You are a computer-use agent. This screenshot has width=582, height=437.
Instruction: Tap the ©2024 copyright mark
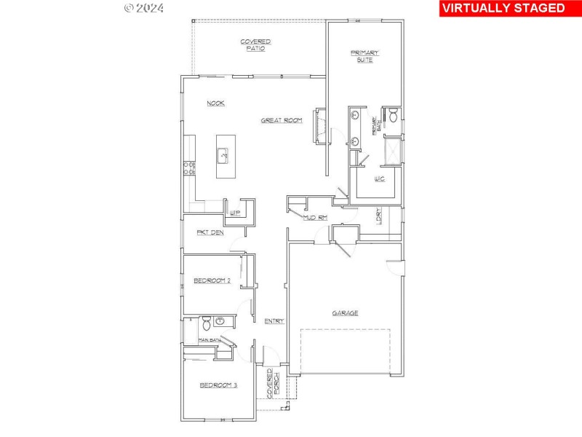(144, 8)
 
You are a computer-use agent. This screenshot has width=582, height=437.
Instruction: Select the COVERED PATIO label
(256, 45)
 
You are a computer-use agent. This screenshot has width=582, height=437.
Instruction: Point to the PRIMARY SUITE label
(364, 56)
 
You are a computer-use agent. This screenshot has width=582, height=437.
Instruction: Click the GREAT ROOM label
(282, 120)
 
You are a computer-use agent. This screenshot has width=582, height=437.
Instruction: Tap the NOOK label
(215, 103)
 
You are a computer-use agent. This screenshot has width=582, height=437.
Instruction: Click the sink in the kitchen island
(223, 154)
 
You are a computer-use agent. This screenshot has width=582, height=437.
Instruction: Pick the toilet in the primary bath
(392, 115)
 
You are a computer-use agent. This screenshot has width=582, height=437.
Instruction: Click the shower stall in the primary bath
(392, 151)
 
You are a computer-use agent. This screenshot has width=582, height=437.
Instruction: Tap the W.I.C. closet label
(379, 178)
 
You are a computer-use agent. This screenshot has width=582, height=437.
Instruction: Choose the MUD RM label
(314, 217)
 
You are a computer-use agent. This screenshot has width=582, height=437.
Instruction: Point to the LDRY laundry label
(379, 216)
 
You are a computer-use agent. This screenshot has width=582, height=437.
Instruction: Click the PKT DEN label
(210, 232)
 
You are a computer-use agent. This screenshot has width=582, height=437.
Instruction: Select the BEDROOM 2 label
(212, 280)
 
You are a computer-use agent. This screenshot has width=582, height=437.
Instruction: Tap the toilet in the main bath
(206, 322)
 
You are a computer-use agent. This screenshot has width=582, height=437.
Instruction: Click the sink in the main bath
(221, 321)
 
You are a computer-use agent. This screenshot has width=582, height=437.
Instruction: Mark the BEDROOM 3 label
(219, 385)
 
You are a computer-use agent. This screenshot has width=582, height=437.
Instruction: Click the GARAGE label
(345, 312)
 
